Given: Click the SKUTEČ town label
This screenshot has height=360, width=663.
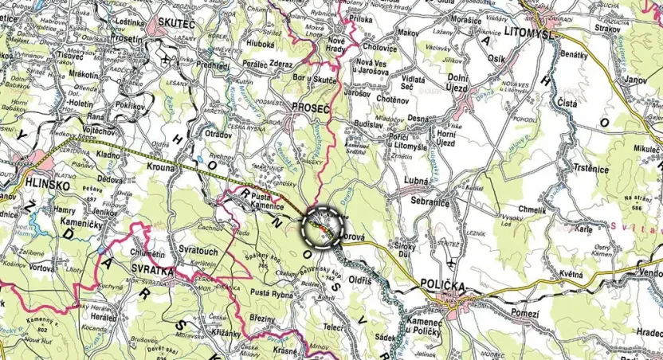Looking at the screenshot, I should pyautogui.click(x=176, y=25).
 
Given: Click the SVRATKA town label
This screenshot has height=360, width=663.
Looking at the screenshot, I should pyautogui.click(x=151, y=271).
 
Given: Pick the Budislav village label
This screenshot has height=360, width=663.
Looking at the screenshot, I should pyautogui.click(x=368, y=124).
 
